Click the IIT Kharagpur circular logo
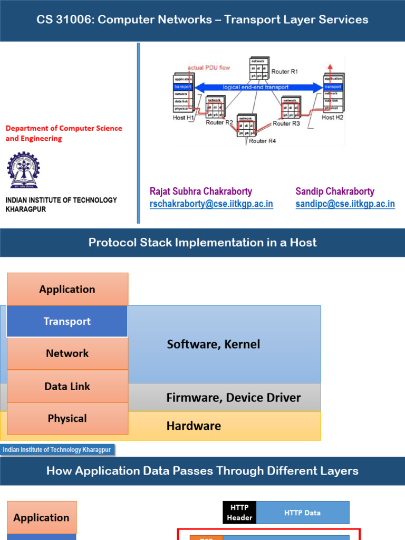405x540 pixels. coord(23,170)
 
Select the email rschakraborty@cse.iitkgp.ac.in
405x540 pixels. coord(211,204)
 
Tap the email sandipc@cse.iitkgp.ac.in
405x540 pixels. coord(345,204)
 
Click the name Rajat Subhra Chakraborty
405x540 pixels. coord(201,191)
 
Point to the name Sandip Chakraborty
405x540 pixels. coord(335,191)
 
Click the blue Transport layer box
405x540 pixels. coord(67,321)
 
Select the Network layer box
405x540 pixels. coord(67,353)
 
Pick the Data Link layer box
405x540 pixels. coord(67,386)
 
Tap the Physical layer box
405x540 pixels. coord(67,418)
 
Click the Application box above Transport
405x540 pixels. coord(67,289)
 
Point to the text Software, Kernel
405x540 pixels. coord(214,344)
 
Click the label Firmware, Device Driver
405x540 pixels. coord(234,398)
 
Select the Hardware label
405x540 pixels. coord(194,426)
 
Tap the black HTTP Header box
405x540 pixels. coord(239,513)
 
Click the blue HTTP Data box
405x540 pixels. coord(302,513)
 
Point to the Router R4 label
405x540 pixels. coord(262,141)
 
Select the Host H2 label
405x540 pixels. coord(332,117)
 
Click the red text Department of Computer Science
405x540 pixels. coord(63,128)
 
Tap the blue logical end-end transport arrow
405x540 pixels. coord(258,87)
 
